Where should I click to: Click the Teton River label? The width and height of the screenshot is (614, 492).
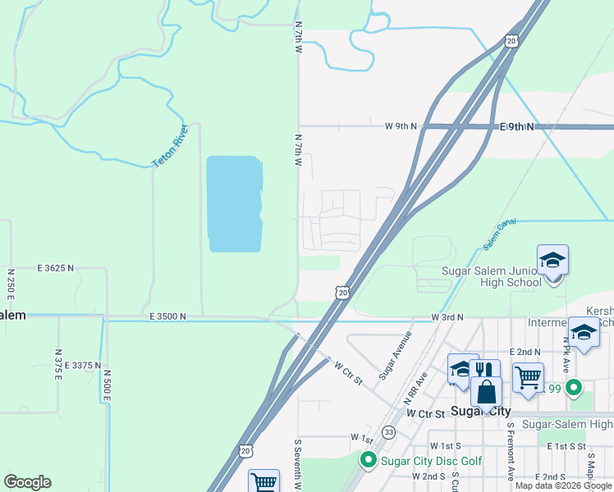[172, 147]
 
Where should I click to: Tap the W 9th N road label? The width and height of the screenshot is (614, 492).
[401, 126]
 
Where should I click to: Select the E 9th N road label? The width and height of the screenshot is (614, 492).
[516, 127]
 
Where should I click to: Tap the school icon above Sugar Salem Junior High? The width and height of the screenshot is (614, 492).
[552, 261]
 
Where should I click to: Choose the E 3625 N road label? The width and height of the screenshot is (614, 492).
[55, 268]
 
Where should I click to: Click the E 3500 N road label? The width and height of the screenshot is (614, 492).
[167, 317]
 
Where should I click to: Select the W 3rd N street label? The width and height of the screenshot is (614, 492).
[447, 317]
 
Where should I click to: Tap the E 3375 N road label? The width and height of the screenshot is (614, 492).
[80, 366]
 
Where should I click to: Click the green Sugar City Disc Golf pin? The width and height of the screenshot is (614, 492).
[369, 461]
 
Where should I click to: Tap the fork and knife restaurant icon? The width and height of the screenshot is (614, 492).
[485, 372]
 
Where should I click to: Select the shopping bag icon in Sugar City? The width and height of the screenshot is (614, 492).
[486, 392]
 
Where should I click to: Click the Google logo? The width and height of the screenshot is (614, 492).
[27, 482]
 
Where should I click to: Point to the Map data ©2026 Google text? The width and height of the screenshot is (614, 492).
[564, 485]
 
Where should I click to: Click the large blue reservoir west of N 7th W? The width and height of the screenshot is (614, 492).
[234, 203]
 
